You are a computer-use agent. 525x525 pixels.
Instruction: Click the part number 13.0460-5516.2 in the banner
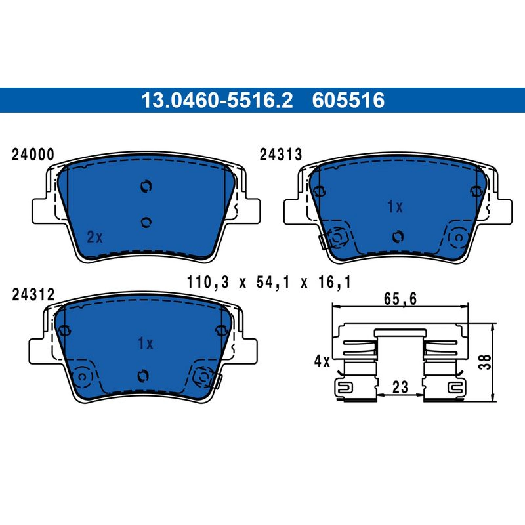[217, 100]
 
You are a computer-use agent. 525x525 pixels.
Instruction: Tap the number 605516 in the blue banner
[348, 100]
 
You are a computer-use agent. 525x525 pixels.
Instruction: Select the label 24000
[33, 155]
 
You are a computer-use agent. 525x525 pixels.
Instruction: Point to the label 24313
[281, 155]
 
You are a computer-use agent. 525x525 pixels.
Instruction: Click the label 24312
[33, 295]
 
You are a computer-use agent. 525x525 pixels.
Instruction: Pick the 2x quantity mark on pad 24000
[95, 237]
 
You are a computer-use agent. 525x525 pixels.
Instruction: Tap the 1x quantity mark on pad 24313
[395, 207]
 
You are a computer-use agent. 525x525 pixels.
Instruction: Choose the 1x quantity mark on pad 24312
[145, 344]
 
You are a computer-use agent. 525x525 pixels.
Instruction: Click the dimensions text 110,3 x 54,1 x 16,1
[269, 282]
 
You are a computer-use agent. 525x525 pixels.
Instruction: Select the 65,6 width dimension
[400, 299]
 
